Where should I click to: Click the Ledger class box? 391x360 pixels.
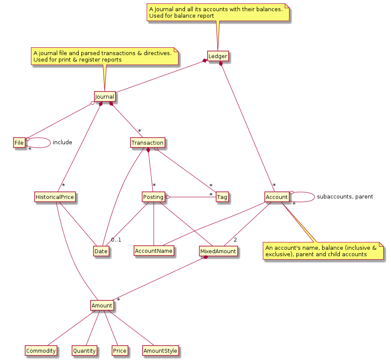[x=217, y=56]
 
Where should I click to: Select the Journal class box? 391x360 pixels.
[x=104, y=97]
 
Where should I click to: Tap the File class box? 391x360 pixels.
[x=19, y=143]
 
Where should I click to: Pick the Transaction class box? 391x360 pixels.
[x=148, y=143]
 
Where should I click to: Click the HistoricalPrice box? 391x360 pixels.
[x=55, y=197]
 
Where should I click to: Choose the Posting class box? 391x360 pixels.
[x=153, y=197]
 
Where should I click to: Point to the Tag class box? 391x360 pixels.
[x=222, y=197]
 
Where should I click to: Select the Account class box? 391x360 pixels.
[x=277, y=197]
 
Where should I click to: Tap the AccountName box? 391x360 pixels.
[x=154, y=251]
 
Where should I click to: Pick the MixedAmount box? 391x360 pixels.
[x=218, y=251]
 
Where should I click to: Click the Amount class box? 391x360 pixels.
[x=102, y=306]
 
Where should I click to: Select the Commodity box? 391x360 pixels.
[x=41, y=351]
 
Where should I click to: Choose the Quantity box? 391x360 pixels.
[x=84, y=351]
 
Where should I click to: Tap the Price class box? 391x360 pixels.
[x=120, y=351]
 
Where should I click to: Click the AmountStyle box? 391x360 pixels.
[x=160, y=351]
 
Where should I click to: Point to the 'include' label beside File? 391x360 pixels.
[x=62, y=142]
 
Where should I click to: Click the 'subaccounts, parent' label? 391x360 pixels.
[x=345, y=197]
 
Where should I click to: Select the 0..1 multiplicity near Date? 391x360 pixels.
[x=116, y=240]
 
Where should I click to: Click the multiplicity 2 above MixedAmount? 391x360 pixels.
[x=235, y=240]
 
